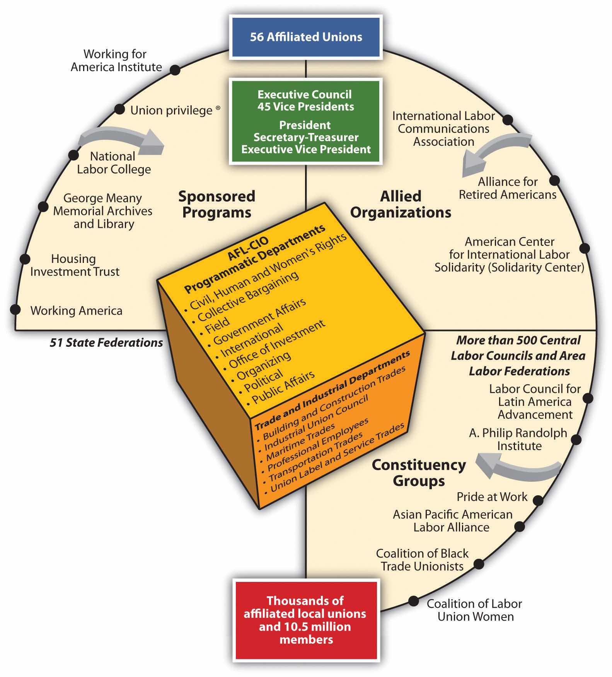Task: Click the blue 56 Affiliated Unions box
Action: pyautogui.click(x=306, y=37)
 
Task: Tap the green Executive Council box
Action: pyautogui.click(x=305, y=121)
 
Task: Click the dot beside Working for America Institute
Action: pyautogui.click(x=175, y=70)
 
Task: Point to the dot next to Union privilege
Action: pyautogui.click(x=120, y=109)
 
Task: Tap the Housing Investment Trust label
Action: pyautogui.click(x=75, y=265)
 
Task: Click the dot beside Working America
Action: pyautogui.click(x=15, y=309)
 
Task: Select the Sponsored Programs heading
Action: pyautogui.click(x=217, y=204)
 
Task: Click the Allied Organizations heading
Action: pyautogui.click(x=401, y=204)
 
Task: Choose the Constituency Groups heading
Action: pyautogui.click(x=419, y=472)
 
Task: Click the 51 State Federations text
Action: pyautogui.click(x=106, y=343)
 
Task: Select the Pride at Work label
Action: pyautogui.click(x=492, y=497)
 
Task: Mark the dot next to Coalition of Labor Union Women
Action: pyautogui.click(x=413, y=601)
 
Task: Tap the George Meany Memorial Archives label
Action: pyautogui.click(x=103, y=211)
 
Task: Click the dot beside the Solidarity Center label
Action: pyautogui.click(x=585, y=248)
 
